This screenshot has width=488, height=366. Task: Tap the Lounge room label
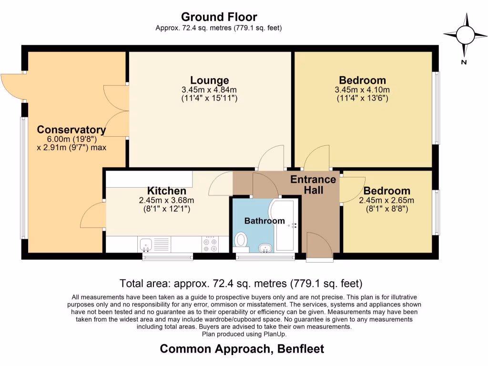209,80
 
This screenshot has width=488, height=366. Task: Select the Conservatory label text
71,130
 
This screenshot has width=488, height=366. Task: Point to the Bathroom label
264,221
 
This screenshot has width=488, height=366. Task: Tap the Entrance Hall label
313,185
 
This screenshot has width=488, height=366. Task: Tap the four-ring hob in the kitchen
210,244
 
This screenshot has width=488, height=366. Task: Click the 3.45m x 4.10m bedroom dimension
362,90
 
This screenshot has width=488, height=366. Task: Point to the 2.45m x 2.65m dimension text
386,200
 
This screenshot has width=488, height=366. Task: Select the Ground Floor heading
219,18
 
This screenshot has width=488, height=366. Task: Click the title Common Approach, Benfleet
242,349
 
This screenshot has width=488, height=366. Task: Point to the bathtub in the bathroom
285,226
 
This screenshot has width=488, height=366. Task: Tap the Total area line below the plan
241,284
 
